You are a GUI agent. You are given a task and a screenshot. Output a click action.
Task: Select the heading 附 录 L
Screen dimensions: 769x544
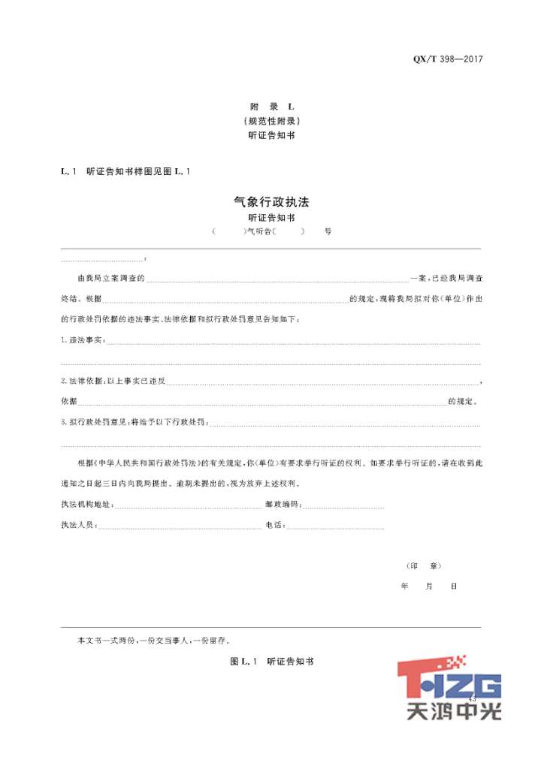[x=272, y=107]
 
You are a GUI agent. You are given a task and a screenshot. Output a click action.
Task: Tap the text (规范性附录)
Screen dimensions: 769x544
[x=272, y=121]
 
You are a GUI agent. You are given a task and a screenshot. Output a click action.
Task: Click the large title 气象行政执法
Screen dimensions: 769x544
[x=272, y=202]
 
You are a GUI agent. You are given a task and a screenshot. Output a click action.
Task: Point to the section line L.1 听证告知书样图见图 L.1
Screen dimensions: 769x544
[x=125, y=172]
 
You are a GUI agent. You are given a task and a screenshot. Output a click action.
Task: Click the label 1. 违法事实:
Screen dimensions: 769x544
[x=83, y=341]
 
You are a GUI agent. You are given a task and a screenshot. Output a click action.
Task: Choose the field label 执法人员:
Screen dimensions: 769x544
[x=80, y=525]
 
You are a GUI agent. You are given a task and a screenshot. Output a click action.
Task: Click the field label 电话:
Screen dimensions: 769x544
[x=275, y=525]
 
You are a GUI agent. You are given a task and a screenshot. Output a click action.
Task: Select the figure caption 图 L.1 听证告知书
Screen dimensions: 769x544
[x=272, y=662]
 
